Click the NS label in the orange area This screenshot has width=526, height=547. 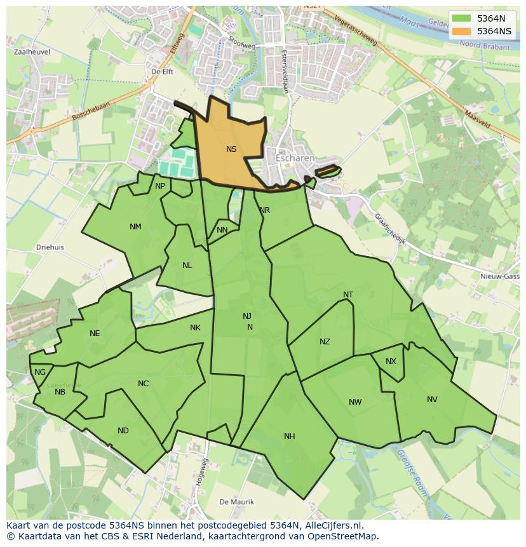pos(231,149)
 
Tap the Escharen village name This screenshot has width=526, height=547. pos(295,158)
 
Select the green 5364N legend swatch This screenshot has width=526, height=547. pos(462,18)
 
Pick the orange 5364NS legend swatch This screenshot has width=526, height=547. pos(462,30)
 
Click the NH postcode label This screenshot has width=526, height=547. pos(290,436)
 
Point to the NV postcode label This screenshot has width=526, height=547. pos(432,400)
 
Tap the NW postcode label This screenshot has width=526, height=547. pos(355,402)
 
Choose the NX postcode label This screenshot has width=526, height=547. pos(391,361)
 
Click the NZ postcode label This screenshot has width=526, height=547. pos(325,342)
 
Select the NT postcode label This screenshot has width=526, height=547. pos(348,295)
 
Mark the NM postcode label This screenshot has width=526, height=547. pos(135,227)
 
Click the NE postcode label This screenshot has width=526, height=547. pos(95,334)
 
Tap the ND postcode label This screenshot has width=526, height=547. pos(123,431)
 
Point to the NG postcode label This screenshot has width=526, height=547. pos(40,372)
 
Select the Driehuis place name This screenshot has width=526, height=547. pos(50,248)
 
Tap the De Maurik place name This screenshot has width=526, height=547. pos(237,502)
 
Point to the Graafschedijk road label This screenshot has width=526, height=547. pos(389,229)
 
